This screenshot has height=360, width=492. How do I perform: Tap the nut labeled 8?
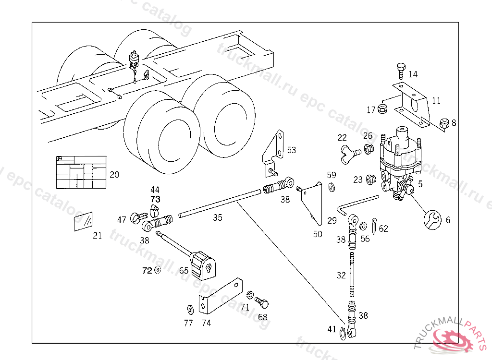point(445,123)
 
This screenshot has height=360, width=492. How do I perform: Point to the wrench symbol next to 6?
point(432,219)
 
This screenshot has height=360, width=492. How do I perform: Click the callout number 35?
point(218,218)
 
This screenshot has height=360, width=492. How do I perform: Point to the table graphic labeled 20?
point(81,172)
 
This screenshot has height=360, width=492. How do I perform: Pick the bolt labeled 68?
point(262,303)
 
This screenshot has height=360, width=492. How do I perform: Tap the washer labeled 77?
point(188,308)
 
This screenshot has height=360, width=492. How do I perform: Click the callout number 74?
point(206,323)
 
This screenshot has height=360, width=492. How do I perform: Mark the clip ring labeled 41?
point(343,332)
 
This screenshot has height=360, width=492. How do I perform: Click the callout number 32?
point(341,276)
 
